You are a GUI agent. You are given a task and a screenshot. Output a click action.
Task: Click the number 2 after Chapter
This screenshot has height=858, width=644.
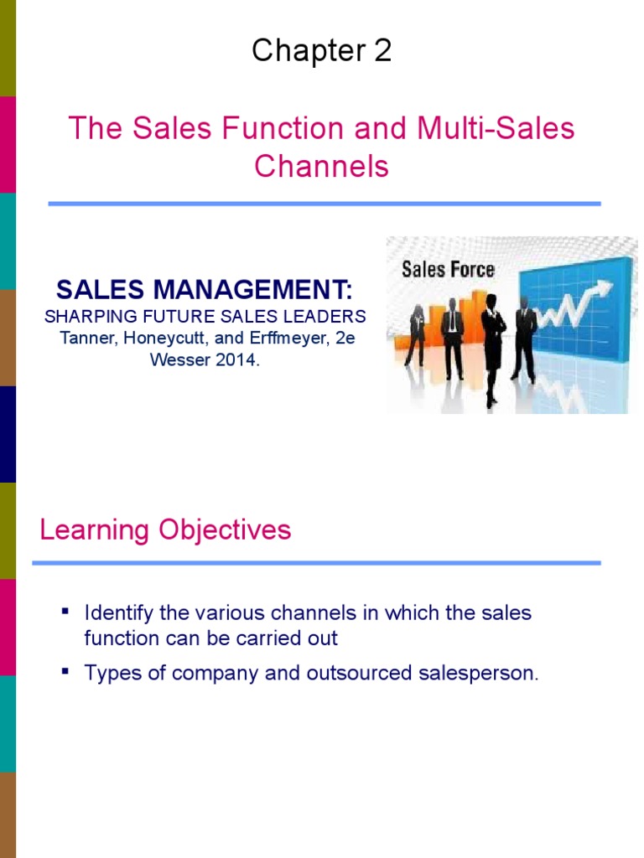pyautogui.click(x=382, y=52)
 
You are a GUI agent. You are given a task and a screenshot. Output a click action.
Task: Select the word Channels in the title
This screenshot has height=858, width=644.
pyautogui.click(x=321, y=166)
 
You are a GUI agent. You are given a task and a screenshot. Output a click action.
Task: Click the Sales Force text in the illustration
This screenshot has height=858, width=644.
pyautogui.click(x=448, y=269)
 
